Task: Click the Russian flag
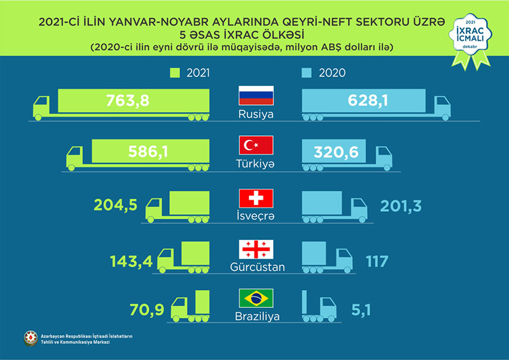point(255,95)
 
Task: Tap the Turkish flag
point(255,145)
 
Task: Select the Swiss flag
point(255,198)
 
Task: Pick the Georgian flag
point(255,248)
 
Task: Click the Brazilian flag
point(255,298)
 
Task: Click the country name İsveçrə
point(255,216)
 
